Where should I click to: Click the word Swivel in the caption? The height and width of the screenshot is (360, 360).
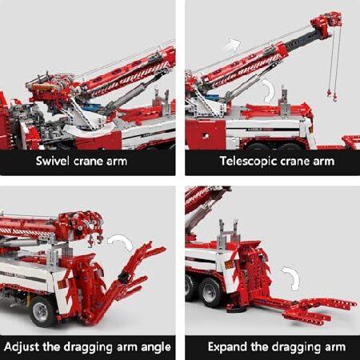[52, 161]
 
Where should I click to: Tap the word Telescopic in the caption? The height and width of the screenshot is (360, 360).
[249, 162]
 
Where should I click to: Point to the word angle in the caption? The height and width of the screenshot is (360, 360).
[156, 348]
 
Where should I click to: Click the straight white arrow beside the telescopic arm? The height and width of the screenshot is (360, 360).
[232, 44]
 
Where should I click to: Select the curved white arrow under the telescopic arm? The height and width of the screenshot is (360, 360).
[269, 90]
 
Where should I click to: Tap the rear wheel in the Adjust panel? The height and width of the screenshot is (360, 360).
[42, 311]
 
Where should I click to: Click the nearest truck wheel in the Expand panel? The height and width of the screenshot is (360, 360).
[211, 293]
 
